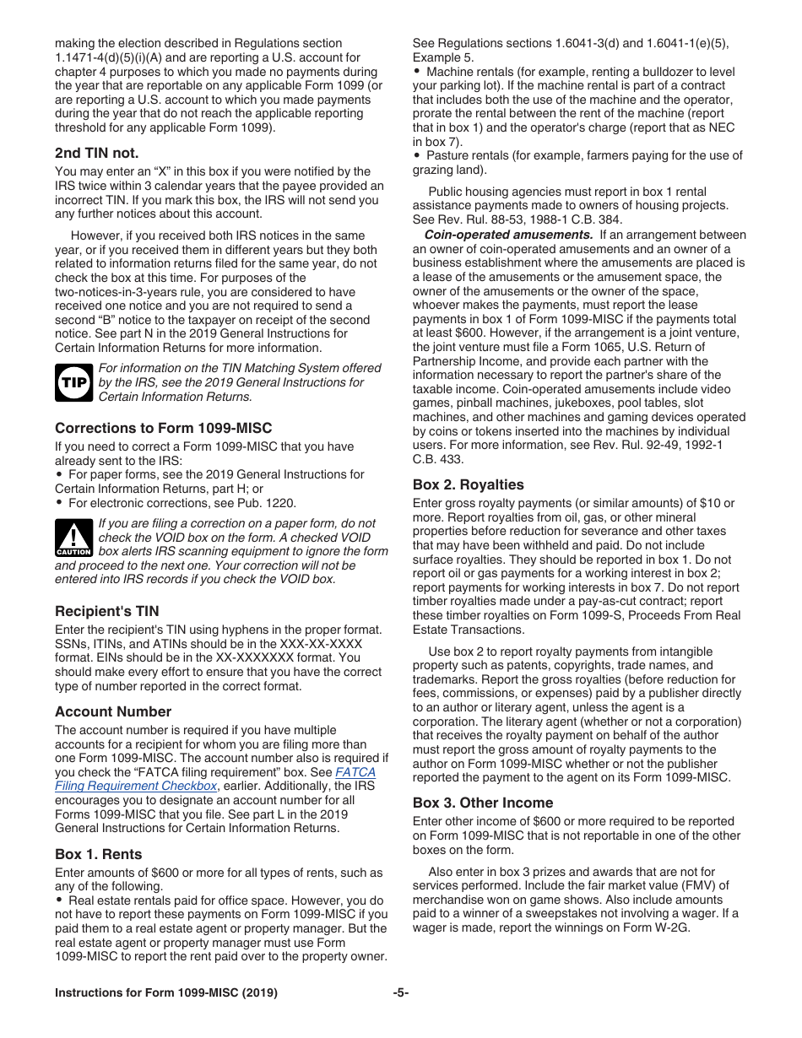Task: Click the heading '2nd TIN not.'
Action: [x=97, y=153]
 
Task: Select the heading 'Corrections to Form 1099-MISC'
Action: [x=163, y=428]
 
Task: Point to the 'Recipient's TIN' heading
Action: [x=107, y=611]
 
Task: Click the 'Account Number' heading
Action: [x=113, y=711]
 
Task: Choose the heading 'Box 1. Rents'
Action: [x=99, y=854]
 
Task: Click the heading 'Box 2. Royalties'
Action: [x=468, y=484]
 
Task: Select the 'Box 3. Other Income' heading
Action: [x=483, y=803]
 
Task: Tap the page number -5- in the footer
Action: [x=401, y=992]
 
